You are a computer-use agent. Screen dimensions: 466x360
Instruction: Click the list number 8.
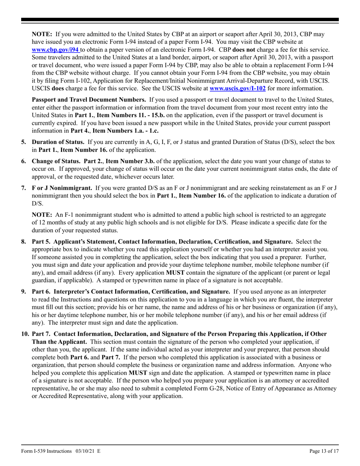click(23, 241)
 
